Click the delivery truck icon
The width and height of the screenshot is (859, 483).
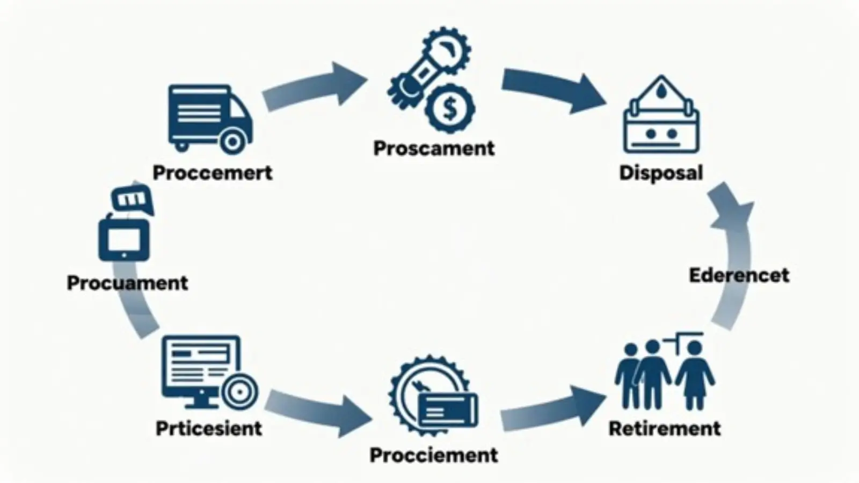coord(210,119)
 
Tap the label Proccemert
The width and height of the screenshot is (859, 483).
coord(213,173)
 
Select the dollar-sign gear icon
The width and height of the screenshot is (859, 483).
coord(450,109)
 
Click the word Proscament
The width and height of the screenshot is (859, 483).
coord(434,149)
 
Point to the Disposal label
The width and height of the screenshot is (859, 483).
coord(661,173)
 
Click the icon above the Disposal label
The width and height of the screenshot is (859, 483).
coord(661,115)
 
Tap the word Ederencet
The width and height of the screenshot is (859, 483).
coord(739,275)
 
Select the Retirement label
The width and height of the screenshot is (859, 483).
coord(665,428)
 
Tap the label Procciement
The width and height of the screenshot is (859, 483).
coord(434,455)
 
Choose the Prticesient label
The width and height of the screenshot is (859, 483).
coord(209,428)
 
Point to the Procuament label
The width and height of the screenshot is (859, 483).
coord(127,283)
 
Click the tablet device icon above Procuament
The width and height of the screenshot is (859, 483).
coord(124,239)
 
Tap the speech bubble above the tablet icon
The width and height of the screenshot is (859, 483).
coord(132,199)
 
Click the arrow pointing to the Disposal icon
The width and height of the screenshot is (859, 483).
coord(553,89)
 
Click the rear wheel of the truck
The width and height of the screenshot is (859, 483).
coord(232,142)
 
